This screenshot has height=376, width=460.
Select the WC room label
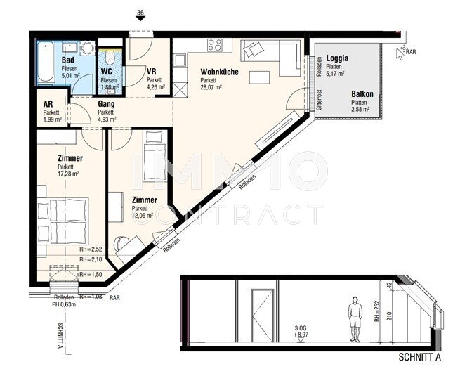pyautogui.click(x=107, y=72)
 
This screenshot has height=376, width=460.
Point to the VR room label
pyautogui.click(x=151, y=72)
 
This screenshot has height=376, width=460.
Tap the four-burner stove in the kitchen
pyautogui.click(x=215, y=45)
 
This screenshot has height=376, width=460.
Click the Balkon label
pyautogui.click(x=362, y=94)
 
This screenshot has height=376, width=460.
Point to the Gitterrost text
pyautogui.click(x=319, y=102)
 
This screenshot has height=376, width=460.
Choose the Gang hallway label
pyautogui.click(x=105, y=104)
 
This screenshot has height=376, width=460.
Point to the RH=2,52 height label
pyautogui.click(x=91, y=249)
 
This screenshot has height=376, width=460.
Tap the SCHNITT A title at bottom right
pyautogui.click(x=419, y=356)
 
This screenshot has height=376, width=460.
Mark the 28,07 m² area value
pyautogui.click(x=211, y=88)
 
